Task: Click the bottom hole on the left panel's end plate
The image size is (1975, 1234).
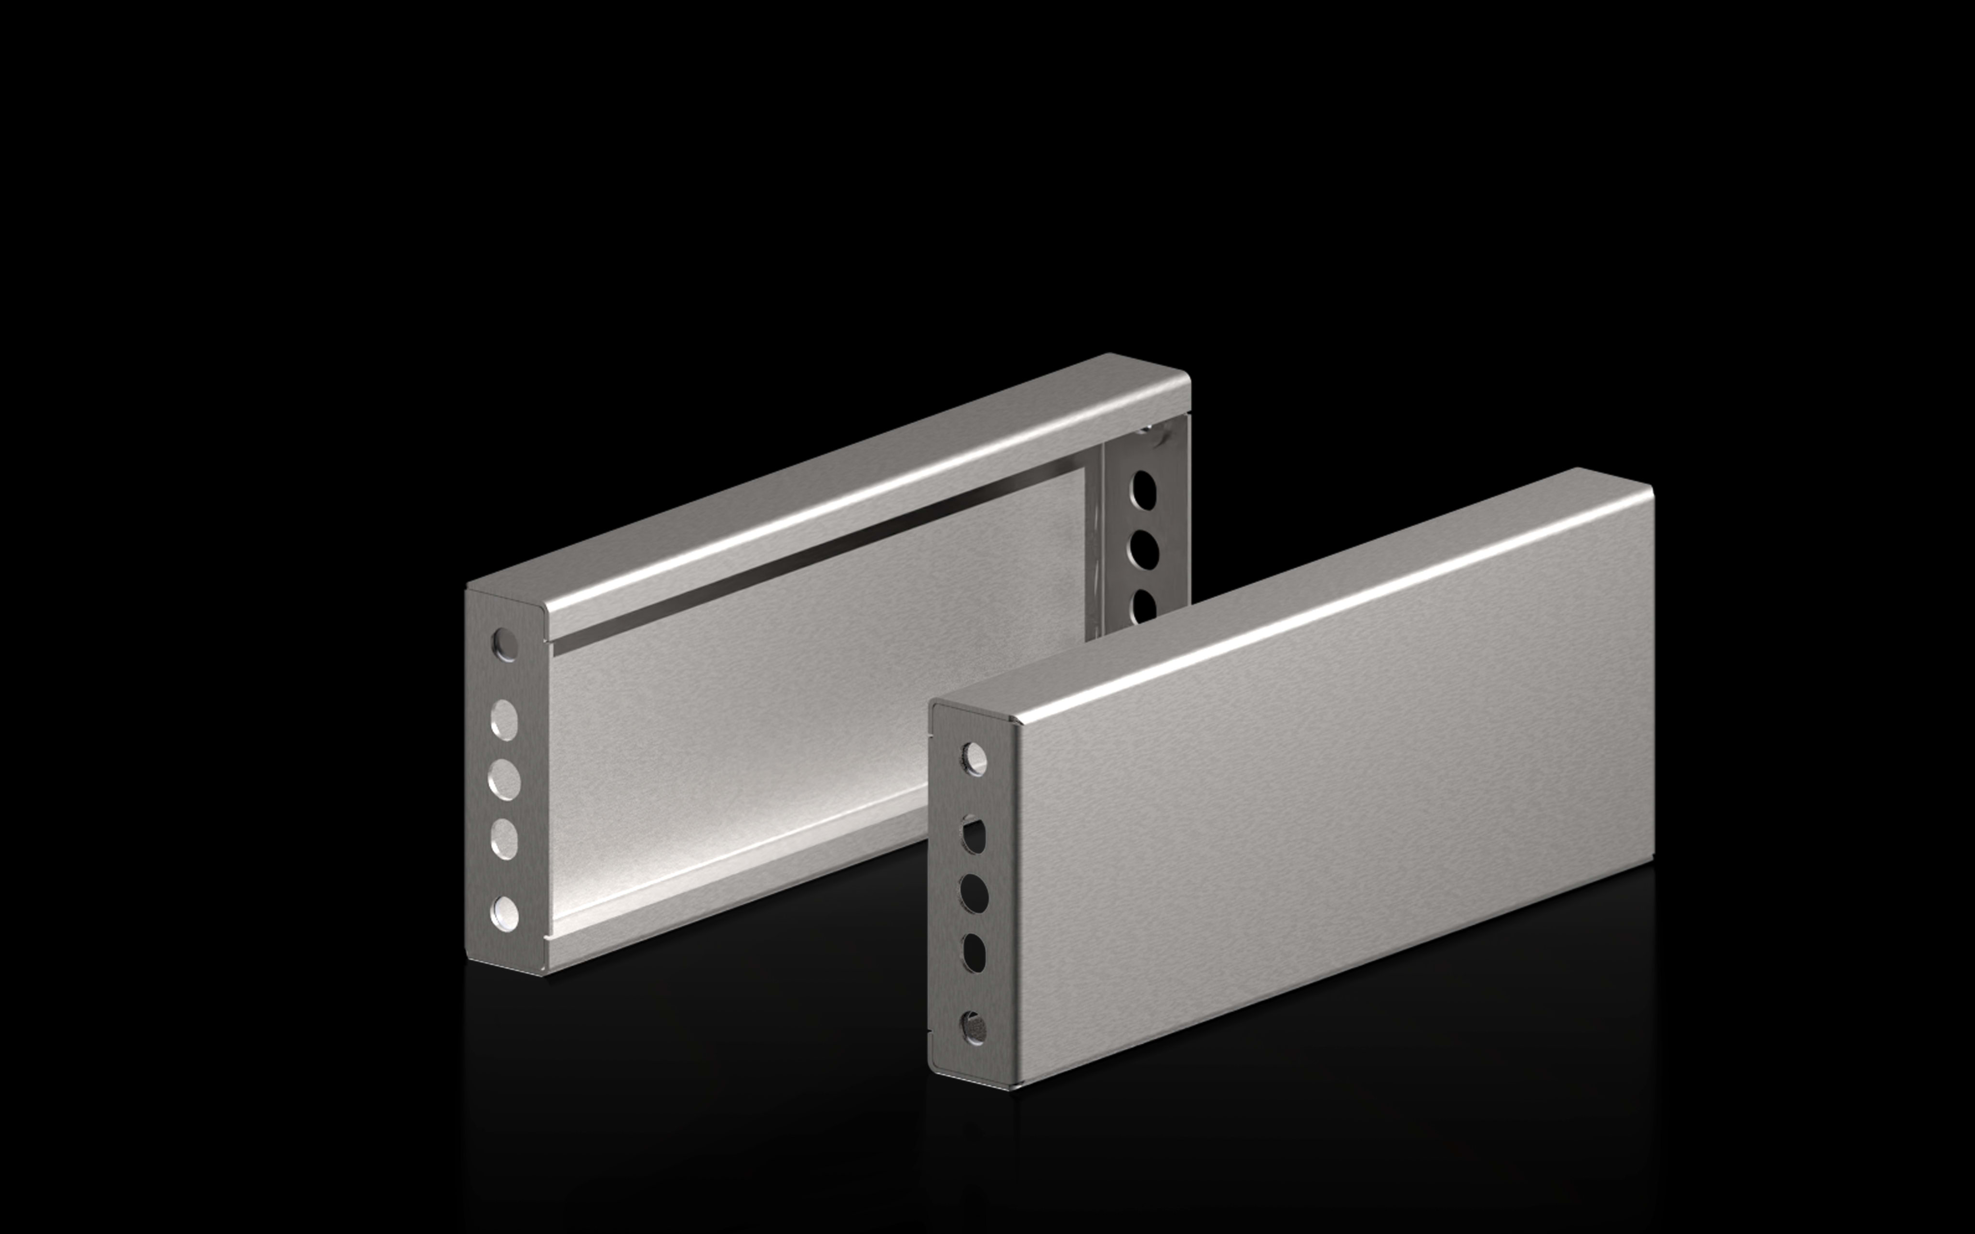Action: (504, 913)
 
